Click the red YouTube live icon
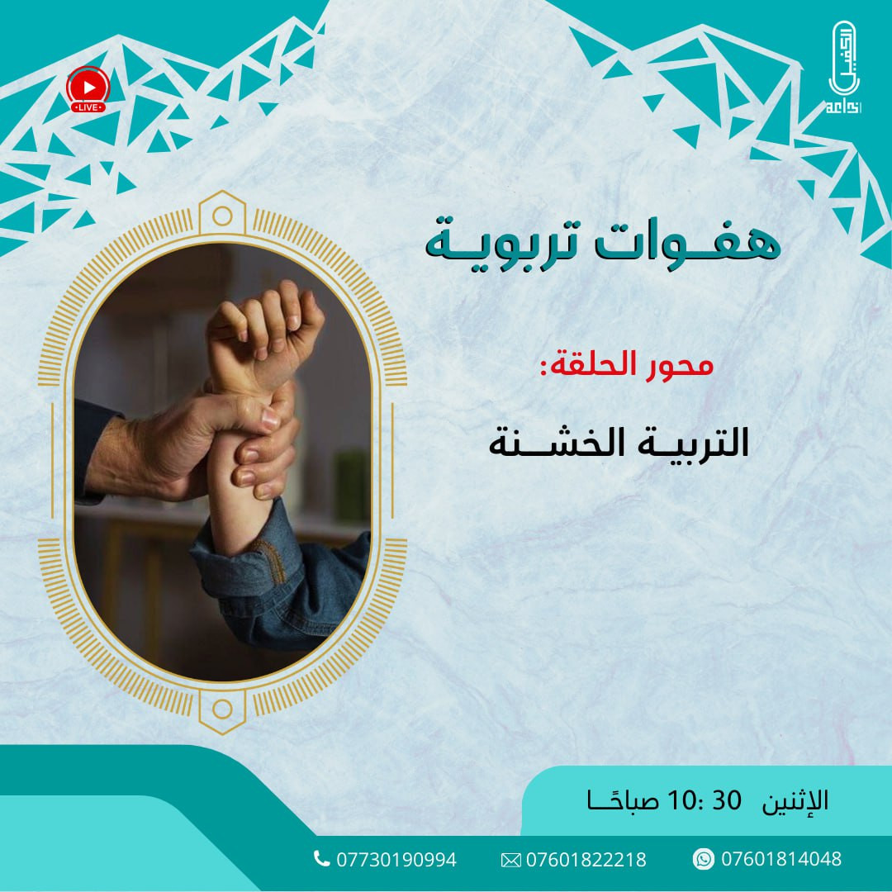(x=86, y=88)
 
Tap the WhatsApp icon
(x=703, y=859)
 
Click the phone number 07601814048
(x=781, y=859)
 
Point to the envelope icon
(x=511, y=860)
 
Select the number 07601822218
(x=586, y=860)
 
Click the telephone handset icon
(x=322, y=859)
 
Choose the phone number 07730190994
(x=396, y=860)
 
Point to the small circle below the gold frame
(x=222, y=708)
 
